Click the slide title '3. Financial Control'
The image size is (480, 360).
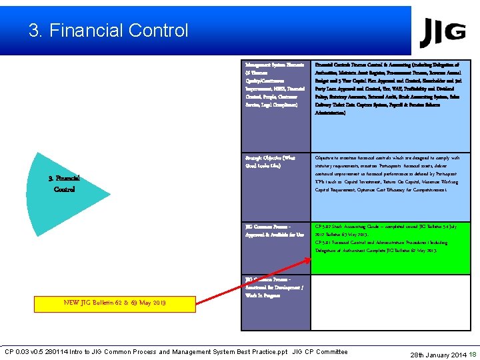click(109, 31)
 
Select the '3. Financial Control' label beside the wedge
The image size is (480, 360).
click(65, 184)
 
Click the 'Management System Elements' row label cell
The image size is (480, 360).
click(276, 87)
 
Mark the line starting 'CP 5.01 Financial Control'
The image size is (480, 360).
click(353, 243)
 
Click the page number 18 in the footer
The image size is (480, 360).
click(473, 354)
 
